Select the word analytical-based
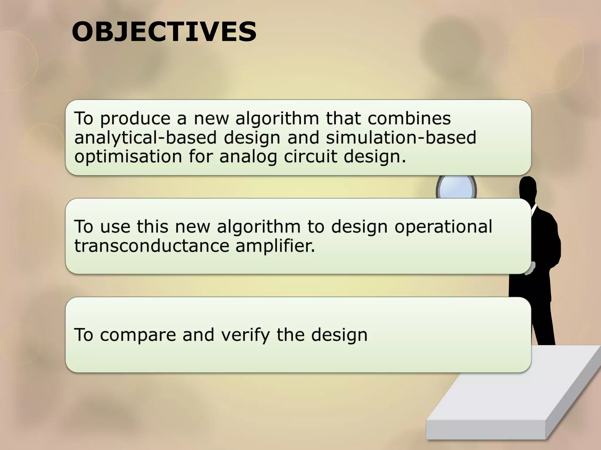click(145, 137)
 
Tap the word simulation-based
click(401, 137)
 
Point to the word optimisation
click(128, 156)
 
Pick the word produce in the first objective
click(135, 119)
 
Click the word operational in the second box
click(443, 226)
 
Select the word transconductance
click(151, 246)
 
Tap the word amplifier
click(275, 246)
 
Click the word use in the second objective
click(115, 226)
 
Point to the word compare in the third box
click(138, 335)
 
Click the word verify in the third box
click(245, 335)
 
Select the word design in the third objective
click(339, 335)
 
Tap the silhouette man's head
click(528, 187)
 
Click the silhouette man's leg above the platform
click(543, 328)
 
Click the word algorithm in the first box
click(277, 119)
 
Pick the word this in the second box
click(152, 226)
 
